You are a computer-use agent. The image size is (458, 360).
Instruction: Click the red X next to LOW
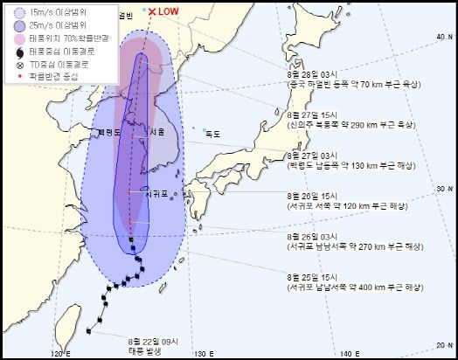click(151, 11)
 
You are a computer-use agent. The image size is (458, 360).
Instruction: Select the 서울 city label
click(157, 132)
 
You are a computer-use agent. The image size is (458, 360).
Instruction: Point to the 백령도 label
click(109, 132)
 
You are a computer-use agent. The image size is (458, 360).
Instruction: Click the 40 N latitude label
click(441, 37)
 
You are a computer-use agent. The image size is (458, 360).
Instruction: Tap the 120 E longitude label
click(59, 352)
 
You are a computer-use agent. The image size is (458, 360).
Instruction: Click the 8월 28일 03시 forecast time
click(312, 73)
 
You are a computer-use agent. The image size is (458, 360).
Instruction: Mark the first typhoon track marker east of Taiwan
click(88, 329)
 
